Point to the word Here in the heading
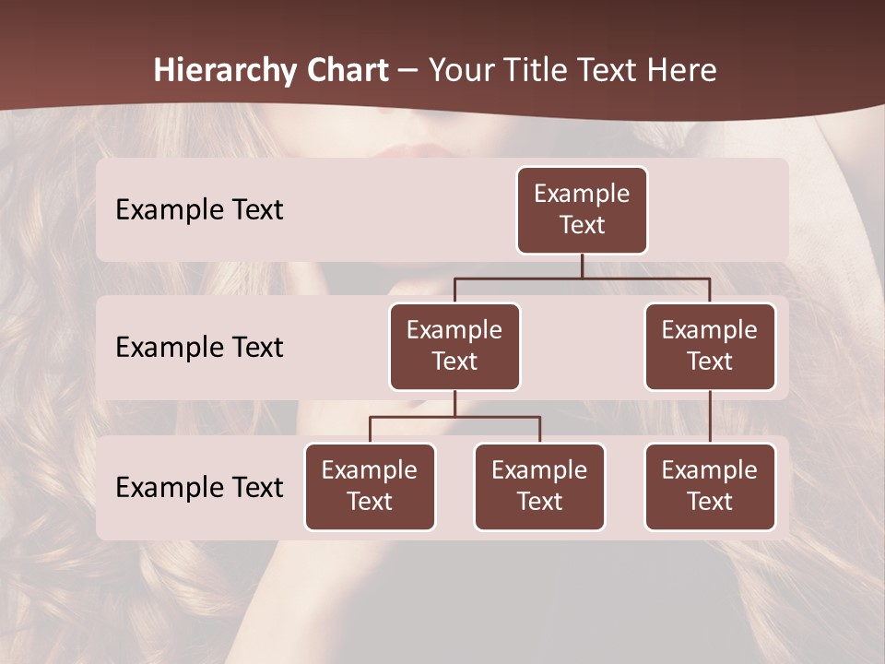coord(681,71)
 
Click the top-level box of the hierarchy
coord(582,209)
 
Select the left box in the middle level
coord(454,346)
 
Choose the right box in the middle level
coord(710,346)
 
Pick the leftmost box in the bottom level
coord(370,486)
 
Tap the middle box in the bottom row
coord(539,486)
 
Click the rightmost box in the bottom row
coord(710,486)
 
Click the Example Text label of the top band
coord(199,210)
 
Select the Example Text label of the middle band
coord(199,348)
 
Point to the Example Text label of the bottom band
coord(199,488)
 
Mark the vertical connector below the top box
coord(582,266)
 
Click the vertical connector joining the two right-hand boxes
coord(710,417)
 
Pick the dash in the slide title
coord(407,72)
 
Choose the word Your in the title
coord(461,71)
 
